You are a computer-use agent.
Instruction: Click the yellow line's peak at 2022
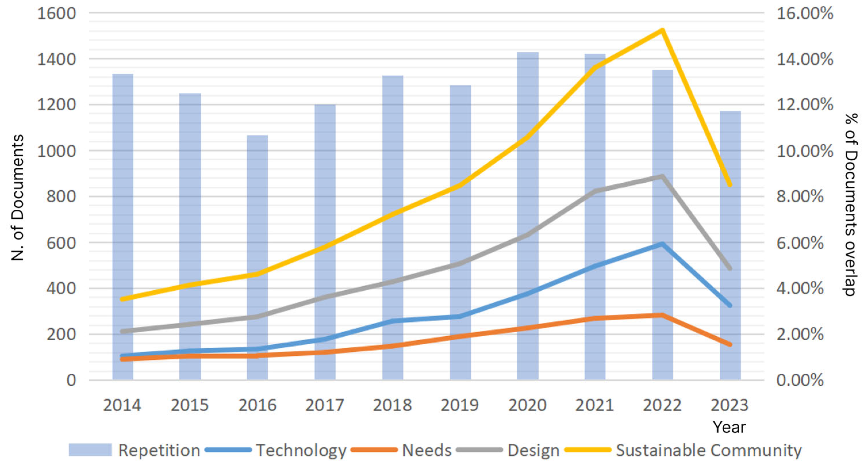662,30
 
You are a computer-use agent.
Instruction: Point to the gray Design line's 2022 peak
662,176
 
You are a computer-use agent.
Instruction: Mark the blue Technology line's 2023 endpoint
730,305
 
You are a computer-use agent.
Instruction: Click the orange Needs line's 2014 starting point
122,359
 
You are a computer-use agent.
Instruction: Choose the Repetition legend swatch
90,450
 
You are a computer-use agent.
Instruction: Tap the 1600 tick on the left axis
56,14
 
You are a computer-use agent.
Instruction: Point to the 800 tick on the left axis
61,196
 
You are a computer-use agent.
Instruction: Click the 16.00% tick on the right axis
805,14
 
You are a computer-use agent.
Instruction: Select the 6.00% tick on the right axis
800,243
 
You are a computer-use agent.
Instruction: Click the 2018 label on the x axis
392,405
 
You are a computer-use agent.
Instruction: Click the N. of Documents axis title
18,198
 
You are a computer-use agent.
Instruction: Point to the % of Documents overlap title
850,204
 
